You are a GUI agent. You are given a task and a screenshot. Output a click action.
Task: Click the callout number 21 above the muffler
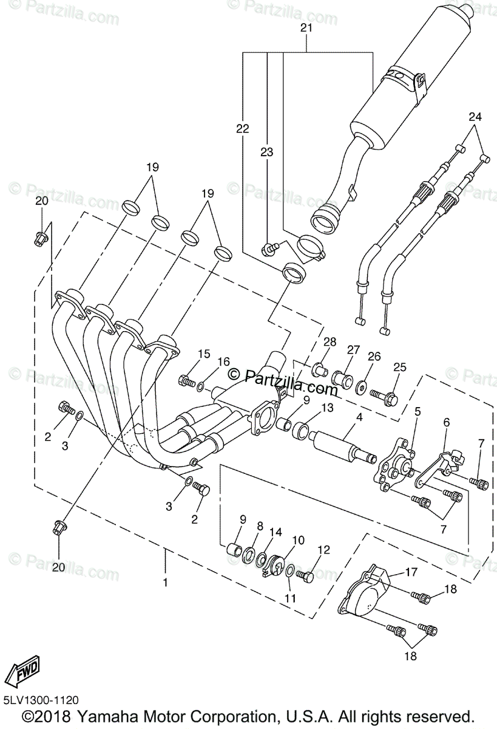pyautogui.click(x=306, y=29)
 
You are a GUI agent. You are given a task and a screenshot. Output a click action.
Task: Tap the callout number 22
pyautogui.click(x=243, y=128)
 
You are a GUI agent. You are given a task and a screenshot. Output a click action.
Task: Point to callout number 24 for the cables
pyautogui.click(x=475, y=117)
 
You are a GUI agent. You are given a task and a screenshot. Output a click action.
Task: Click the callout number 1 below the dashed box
pyautogui.click(x=165, y=581)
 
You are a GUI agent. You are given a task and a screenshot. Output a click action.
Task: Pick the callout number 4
pyautogui.click(x=359, y=417)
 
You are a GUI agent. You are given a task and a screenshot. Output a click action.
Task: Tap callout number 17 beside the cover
pyautogui.click(x=412, y=571)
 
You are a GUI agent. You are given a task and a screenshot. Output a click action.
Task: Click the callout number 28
pyautogui.click(x=330, y=343)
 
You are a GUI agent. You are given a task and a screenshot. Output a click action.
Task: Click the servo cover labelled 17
pyautogui.click(x=368, y=590)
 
